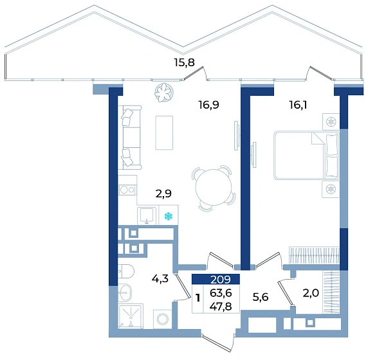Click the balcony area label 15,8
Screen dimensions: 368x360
pos(184,62)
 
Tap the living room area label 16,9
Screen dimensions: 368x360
pos(208,105)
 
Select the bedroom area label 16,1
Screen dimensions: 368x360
pos(298,105)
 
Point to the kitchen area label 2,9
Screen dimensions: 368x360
pos(163,194)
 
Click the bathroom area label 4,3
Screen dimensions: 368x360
pos(160,278)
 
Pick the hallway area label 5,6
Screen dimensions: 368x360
pos(261,297)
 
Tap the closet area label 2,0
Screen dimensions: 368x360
pos(311,293)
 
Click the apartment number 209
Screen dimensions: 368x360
pos(221,280)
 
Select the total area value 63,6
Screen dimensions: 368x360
pos(221,292)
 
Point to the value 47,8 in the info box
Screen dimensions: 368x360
pos(221,306)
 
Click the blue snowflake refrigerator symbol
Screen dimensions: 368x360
pos(169,216)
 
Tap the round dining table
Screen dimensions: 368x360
pos(214,188)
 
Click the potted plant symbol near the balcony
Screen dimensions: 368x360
pos(164,93)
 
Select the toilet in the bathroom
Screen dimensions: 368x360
pos(125,271)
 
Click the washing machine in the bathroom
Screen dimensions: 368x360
pos(163,319)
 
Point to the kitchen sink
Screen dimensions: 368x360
pos(147,215)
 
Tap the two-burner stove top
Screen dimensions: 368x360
pos(127,190)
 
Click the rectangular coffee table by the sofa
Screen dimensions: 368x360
pos(164,132)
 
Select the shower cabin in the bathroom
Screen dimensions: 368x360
pos(131,316)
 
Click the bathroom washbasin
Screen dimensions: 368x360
pos(125,292)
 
